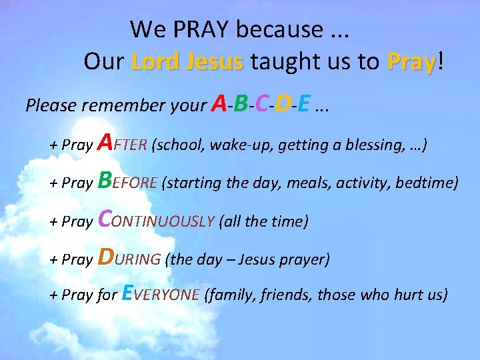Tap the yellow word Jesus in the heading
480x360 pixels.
point(215,62)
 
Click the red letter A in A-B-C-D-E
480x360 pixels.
point(218,103)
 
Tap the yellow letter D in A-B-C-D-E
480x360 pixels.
point(283,103)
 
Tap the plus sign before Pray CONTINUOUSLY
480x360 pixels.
point(53,221)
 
